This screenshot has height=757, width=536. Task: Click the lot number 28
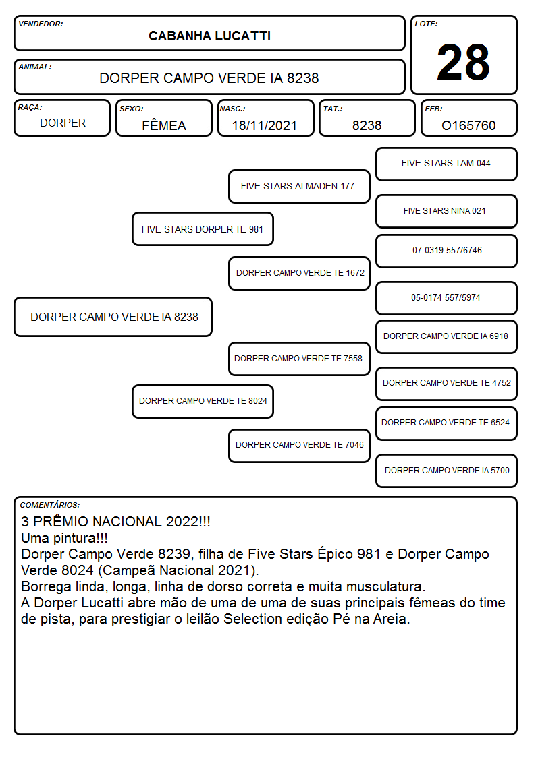click(x=463, y=62)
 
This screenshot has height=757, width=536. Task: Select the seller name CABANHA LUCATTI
click(x=209, y=36)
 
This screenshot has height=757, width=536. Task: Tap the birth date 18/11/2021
click(x=265, y=125)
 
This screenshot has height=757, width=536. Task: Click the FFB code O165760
click(x=468, y=125)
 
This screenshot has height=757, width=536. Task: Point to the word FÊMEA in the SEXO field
click(x=164, y=125)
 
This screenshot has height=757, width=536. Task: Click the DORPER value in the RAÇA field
click(x=63, y=123)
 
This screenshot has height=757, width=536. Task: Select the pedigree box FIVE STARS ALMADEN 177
click(x=299, y=186)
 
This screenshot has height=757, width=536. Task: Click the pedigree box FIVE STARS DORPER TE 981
click(x=203, y=229)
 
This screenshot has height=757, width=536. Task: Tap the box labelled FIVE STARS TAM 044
click(x=446, y=164)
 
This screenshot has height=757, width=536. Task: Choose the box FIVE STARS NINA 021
click(x=446, y=211)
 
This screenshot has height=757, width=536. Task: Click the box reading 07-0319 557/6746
click(x=446, y=251)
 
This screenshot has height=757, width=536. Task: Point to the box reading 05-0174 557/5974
click(x=446, y=298)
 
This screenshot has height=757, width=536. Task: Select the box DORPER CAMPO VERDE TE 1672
click(x=299, y=273)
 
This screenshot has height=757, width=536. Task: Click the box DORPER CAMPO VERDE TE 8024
click(x=203, y=401)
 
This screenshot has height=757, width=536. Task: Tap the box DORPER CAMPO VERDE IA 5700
click(x=446, y=471)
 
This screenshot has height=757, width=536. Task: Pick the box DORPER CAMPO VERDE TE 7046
click(x=299, y=446)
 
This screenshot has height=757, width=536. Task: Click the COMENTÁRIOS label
click(x=50, y=505)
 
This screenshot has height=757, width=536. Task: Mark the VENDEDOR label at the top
click(x=41, y=24)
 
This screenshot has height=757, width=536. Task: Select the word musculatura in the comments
click(x=375, y=586)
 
